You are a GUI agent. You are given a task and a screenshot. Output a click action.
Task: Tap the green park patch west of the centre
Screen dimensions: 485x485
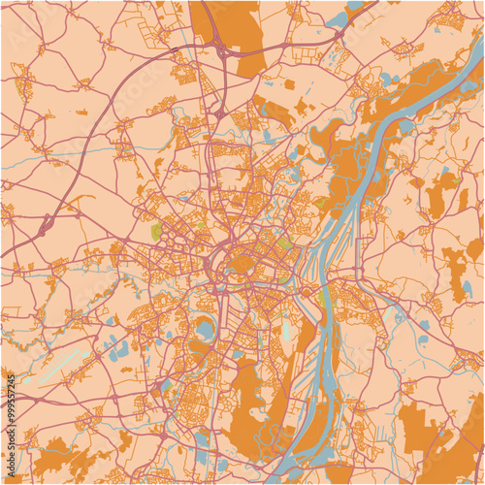point(156,232)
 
